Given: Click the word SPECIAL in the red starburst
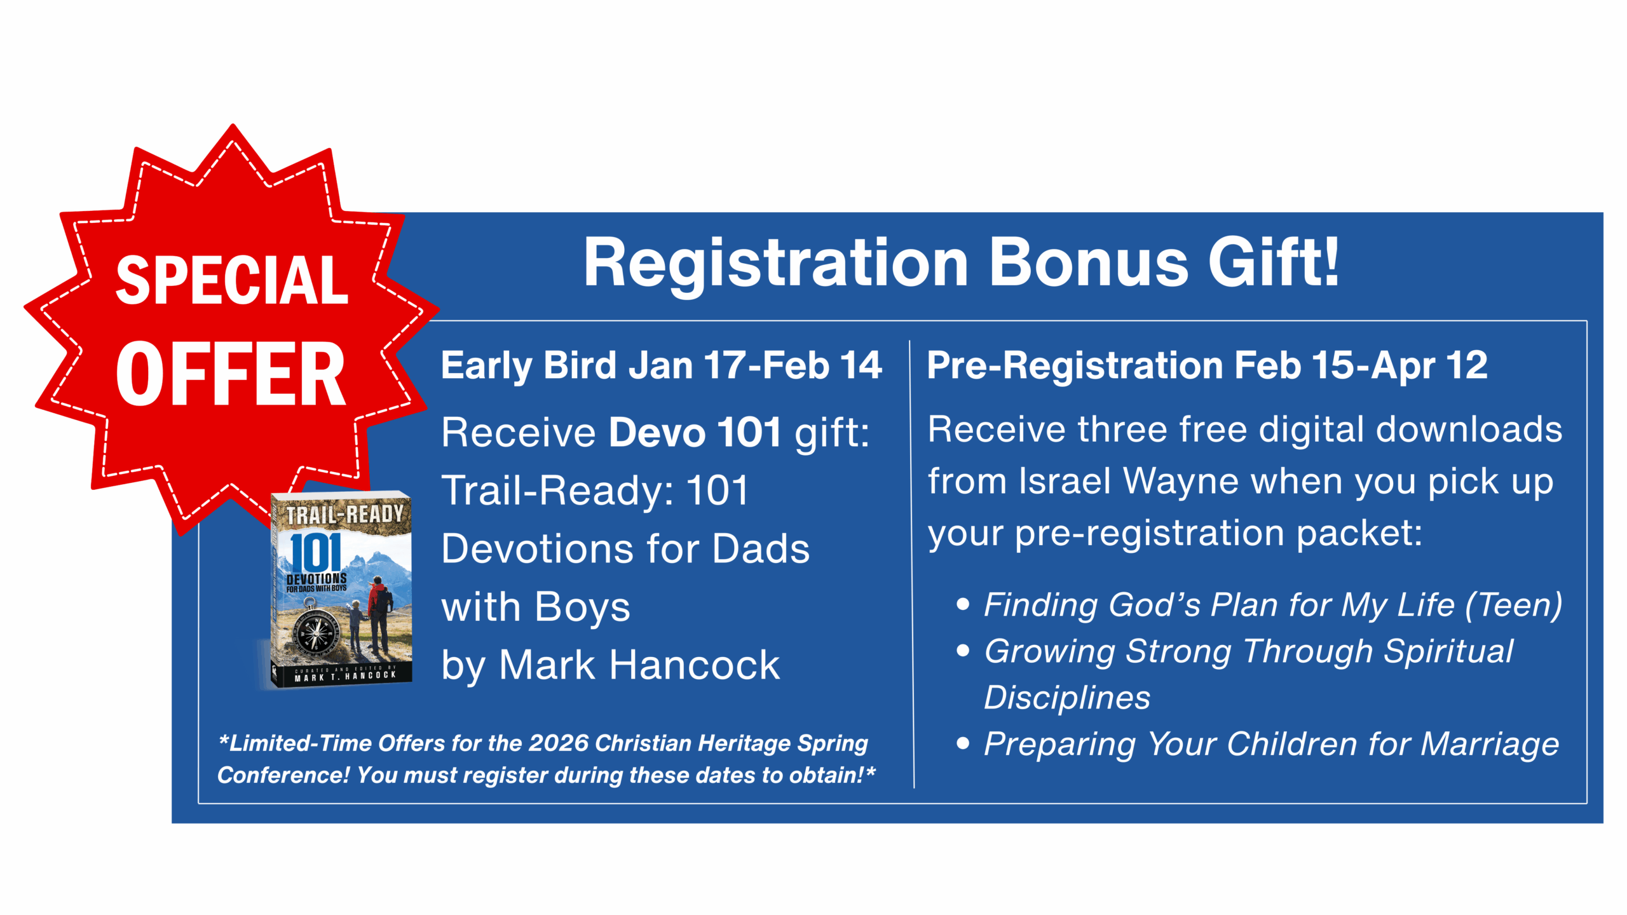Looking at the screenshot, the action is [232, 280].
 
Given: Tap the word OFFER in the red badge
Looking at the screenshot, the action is [231, 373].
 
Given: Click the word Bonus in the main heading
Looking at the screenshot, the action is [1089, 262].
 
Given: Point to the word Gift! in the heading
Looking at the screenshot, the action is [1274, 261].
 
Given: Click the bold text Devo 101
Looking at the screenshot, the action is [695, 432].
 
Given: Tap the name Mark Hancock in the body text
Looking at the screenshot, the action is [639, 665].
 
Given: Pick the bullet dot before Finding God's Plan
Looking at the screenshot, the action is [963, 604].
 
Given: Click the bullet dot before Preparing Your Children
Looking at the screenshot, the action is [963, 743].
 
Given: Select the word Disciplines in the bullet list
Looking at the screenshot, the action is [1067, 697].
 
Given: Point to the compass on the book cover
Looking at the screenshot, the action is [315, 633].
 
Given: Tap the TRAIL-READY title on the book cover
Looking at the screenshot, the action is [344, 513].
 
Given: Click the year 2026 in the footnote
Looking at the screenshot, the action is [559, 743].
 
